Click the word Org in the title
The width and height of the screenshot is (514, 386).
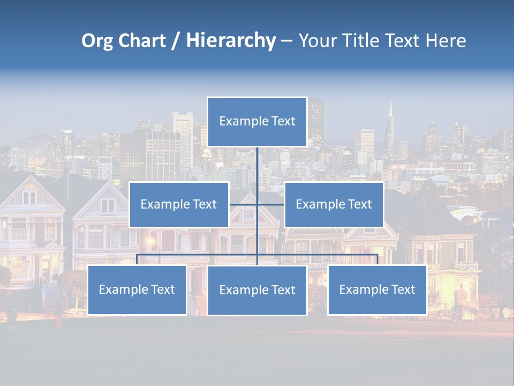[x=98, y=41]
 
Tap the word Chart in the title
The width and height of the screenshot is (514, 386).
[x=141, y=41]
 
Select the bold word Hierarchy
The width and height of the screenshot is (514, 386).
[x=231, y=41]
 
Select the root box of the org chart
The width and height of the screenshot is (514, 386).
[x=257, y=122]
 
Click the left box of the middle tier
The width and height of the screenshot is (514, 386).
[x=179, y=204]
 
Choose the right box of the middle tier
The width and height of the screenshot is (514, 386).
[x=334, y=204]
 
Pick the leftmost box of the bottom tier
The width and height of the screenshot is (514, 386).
[x=137, y=289]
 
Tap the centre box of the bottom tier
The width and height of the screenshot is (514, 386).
[x=257, y=290]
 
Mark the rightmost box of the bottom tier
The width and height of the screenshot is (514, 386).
[x=377, y=289]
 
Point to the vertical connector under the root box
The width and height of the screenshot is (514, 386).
[x=257, y=166]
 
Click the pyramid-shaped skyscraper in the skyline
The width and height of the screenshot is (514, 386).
[x=390, y=126]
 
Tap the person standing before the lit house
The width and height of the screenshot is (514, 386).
[x=460, y=300]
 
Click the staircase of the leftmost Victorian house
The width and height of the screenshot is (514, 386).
[x=54, y=295]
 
